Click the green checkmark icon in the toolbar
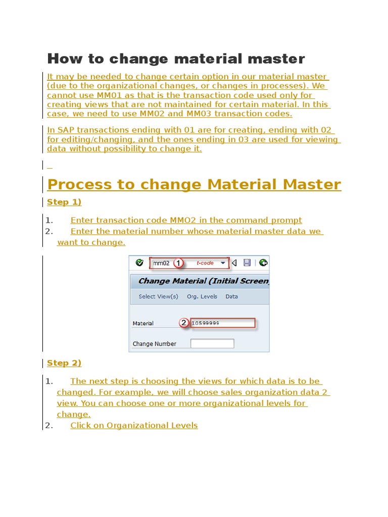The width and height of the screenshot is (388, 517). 139,263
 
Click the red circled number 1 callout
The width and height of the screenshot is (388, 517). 178,263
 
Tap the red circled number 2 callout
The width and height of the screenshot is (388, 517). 184,323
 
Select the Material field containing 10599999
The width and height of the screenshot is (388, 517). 222,323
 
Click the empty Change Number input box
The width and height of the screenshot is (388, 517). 212,344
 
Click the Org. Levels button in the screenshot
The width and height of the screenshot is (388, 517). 202,296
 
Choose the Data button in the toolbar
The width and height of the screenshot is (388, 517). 232,296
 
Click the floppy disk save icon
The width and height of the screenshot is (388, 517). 247,263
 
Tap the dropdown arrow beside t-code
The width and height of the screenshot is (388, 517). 223,263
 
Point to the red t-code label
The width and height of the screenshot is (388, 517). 205,263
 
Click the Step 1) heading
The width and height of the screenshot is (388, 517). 64,202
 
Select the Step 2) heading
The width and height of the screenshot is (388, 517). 64,363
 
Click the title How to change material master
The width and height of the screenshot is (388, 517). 176,59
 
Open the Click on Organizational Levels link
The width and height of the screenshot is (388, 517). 134,426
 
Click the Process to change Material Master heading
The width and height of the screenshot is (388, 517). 194,184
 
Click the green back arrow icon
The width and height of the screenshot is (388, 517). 263,263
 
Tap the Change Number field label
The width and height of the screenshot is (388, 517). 154,344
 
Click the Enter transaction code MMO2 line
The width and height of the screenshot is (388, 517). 186,220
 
